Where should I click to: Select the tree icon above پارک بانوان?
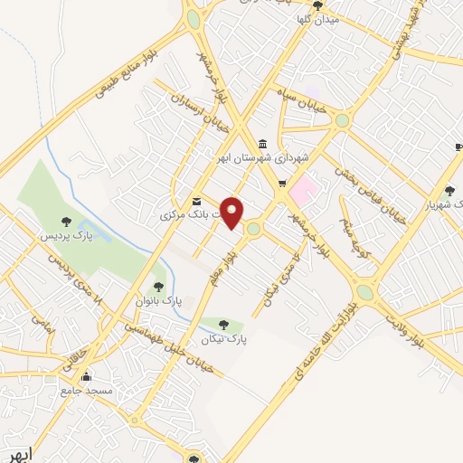(x=159, y=287)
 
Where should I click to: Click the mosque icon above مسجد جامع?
(x=87, y=377)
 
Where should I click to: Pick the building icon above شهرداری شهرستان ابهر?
(x=262, y=142)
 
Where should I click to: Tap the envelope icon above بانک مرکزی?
(x=196, y=200)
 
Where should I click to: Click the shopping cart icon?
(x=283, y=184)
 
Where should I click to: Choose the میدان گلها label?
(x=319, y=19)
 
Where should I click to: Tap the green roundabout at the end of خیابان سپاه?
(x=342, y=119)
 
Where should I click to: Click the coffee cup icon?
(x=458, y=145)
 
